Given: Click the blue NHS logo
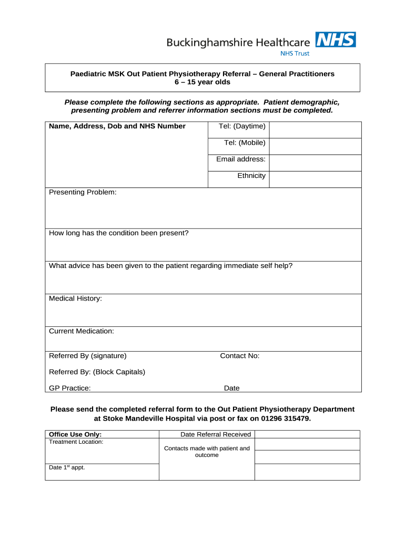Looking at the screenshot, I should point(335,39).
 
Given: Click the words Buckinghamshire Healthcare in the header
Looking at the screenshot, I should point(239,42).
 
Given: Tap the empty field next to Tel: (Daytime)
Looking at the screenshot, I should point(315,130).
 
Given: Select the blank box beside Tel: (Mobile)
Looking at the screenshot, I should point(315,146).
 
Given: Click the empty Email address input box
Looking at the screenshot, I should point(315,163).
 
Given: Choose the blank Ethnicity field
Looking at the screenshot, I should point(315,179).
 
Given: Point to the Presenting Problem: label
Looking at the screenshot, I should point(83,193).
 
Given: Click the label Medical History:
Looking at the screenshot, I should point(75,298).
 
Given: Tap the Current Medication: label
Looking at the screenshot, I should point(81,331).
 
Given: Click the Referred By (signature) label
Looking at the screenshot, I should point(87,356).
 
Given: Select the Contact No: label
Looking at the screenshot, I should point(239,356).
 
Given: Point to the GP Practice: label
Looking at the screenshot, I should point(69,388).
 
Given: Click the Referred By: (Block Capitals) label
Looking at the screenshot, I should point(97,372).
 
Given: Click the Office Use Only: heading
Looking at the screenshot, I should point(75,434).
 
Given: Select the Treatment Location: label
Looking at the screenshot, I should point(76,442).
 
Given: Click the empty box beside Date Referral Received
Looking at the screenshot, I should point(307,434).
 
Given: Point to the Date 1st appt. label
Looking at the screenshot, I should point(67,467).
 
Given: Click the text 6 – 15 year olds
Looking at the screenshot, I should point(202,82).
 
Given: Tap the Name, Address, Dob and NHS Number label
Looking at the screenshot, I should point(117,126).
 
